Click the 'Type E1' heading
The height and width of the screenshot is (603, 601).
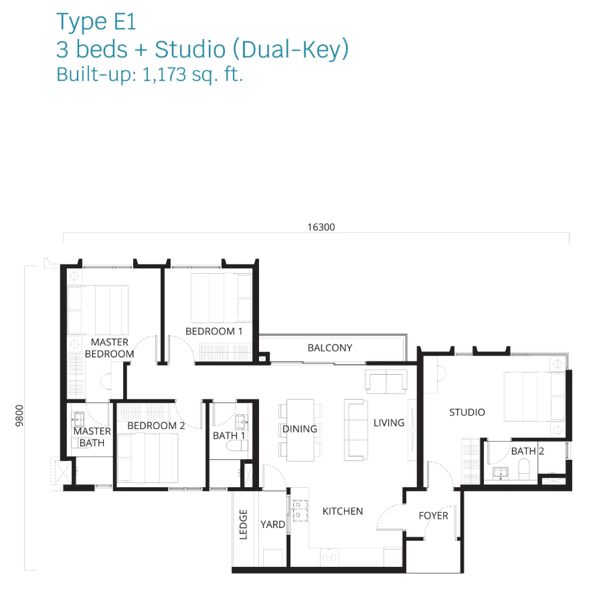(96, 22)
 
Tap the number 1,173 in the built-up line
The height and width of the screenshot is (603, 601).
(164, 74)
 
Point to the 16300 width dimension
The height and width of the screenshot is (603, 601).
(321, 228)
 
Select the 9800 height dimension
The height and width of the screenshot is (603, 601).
(19, 416)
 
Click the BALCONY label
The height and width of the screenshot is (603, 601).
(330, 348)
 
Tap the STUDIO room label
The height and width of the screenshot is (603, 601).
(467, 412)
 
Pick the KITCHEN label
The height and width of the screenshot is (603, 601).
(343, 511)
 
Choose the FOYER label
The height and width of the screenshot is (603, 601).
(434, 516)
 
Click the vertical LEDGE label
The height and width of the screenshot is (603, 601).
(244, 525)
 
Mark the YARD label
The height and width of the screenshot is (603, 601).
(272, 525)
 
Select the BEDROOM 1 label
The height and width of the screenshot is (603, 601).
(213, 331)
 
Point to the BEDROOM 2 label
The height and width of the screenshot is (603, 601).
(156, 426)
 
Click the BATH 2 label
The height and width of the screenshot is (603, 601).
(527, 451)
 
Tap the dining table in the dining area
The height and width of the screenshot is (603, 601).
(300, 430)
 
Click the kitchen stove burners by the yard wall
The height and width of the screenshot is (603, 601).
(300, 511)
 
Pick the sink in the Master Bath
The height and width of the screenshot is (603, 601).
(78, 419)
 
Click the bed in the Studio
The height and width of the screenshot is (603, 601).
(535, 396)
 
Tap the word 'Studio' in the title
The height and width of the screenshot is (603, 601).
(190, 50)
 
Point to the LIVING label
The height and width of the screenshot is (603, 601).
(389, 423)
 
